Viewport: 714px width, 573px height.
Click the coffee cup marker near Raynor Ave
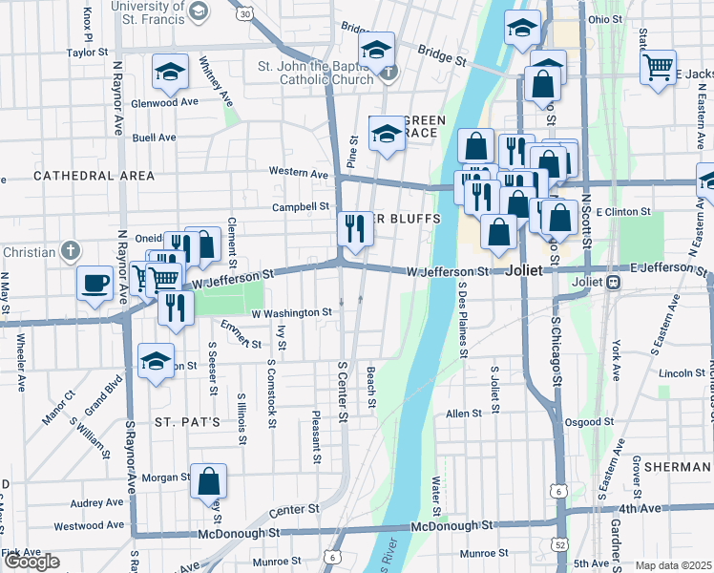pyautogui.click(x=95, y=283)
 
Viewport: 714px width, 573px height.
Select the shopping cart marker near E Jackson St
pyautogui.click(x=658, y=68)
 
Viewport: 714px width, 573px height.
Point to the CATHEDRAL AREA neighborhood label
pyautogui.click(x=94, y=176)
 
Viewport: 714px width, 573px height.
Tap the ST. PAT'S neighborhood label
pyautogui.click(x=188, y=421)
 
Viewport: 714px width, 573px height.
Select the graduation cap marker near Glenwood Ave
pyautogui.click(x=169, y=72)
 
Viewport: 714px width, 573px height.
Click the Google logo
pyautogui.click(x=31, y=562)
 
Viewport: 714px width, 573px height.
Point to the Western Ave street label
pyautogui.click(x=299, y=173)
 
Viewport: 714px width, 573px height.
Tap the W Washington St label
pyautogui.click(x=291, y=312)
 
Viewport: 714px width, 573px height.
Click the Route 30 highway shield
pyautogui.click(x=246, y=13)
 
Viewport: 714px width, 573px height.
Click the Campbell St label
pyautogui.click(x=300, y=206)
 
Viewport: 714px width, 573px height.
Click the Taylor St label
pyautogui.click(x=84, y=53)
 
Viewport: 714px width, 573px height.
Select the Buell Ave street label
pyautogui.click(x=155, y=138)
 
